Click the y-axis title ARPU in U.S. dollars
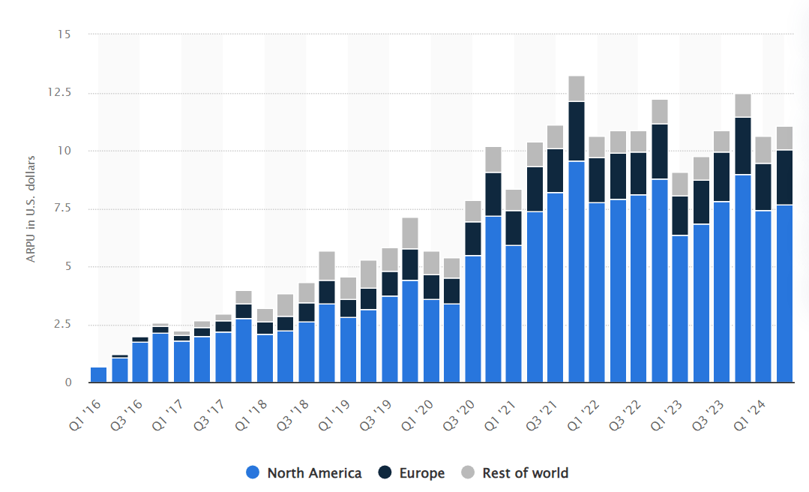coord(31,208)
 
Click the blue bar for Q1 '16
coord(98,374)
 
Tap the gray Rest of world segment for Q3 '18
coord(306,293)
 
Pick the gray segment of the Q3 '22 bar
coord(639,142)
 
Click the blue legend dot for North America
coord(253,473)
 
